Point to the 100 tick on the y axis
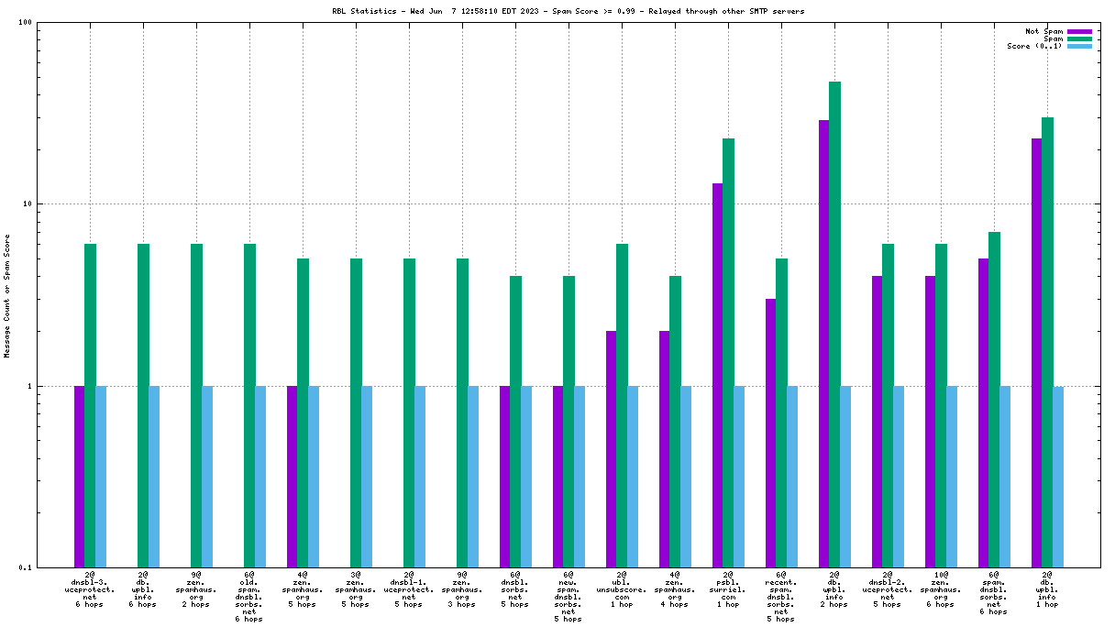coord(26,23)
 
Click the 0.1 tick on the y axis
coord(26,567)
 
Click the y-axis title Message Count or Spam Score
coord(7,295)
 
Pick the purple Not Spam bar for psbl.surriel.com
coord(718,375)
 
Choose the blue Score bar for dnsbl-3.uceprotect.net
coord(101,476)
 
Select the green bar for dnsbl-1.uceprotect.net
coord(409,412)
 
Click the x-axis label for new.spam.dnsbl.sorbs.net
coord(569,597)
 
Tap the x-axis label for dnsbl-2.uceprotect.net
coord(888,589)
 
